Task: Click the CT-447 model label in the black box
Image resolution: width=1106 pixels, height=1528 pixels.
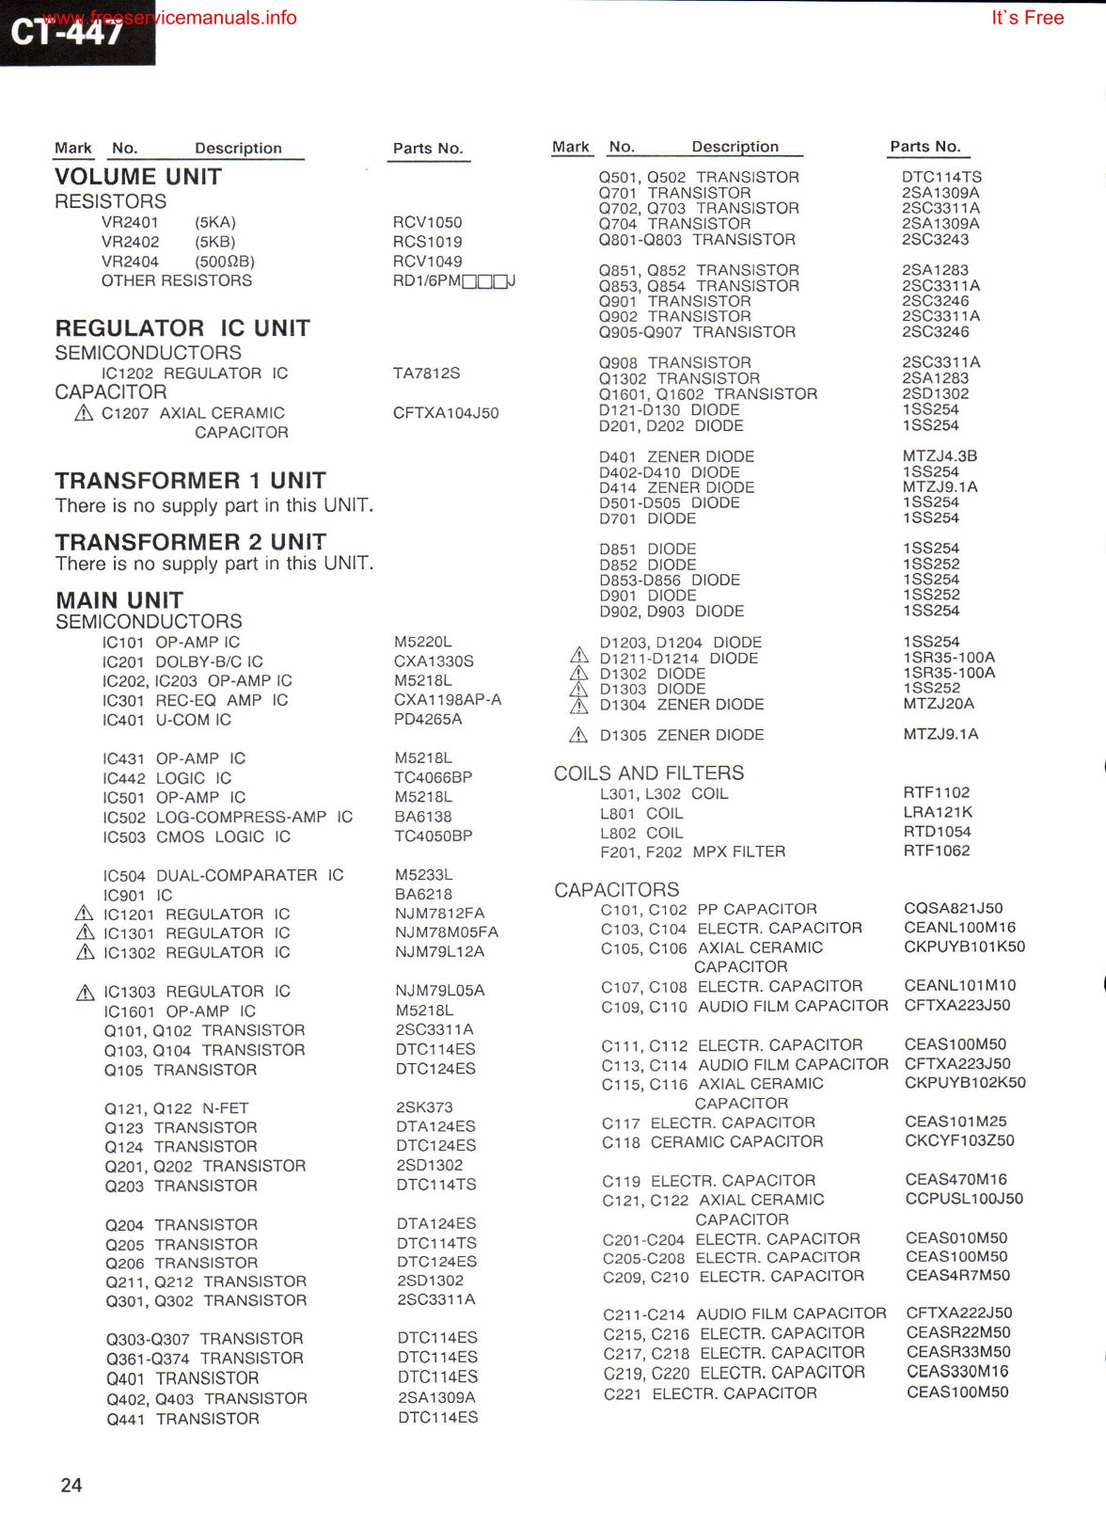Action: tap(68, 32)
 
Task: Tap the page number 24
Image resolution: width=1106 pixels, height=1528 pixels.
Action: tap(71, 1485)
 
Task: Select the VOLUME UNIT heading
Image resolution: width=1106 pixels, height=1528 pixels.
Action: tap(138, 177)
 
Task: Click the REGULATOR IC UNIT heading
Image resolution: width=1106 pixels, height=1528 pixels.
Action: tap(182, 328)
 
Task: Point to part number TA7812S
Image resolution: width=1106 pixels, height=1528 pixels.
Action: tap(426, 374)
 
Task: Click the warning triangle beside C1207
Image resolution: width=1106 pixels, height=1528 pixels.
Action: tap(84, 413)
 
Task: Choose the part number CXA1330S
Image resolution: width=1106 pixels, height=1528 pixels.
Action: tap(434, 661)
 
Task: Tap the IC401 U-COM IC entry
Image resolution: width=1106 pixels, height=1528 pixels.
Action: tap(166, 720)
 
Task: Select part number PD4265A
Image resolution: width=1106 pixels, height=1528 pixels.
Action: tap(428, 720)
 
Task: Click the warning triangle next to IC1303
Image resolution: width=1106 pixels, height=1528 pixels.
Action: tap(86, 992)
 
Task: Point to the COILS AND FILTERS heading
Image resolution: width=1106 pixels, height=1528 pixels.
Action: tap(648, 773)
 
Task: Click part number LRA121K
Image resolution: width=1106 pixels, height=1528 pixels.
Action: tap(938, 812)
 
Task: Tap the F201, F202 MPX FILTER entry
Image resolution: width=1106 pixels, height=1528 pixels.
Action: tap(692, 852)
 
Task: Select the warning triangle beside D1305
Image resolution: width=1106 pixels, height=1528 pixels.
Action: tap(579, 735)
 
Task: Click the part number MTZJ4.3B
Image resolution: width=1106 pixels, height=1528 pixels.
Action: tap(940, 456)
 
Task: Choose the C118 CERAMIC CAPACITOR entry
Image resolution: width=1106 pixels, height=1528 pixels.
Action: tap(712, 1142)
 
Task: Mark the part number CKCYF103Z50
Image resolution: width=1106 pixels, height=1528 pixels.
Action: tap(959, 1141)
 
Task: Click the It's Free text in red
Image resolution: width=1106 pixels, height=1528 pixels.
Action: tap(1027, 18)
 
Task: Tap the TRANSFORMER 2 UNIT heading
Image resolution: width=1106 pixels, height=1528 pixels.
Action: tap(190, 542)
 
